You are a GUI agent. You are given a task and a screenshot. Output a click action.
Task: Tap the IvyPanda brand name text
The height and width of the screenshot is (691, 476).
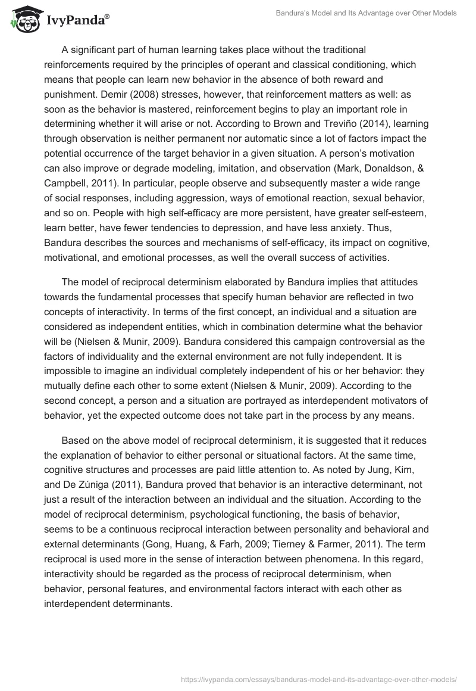tap(76, 21)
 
